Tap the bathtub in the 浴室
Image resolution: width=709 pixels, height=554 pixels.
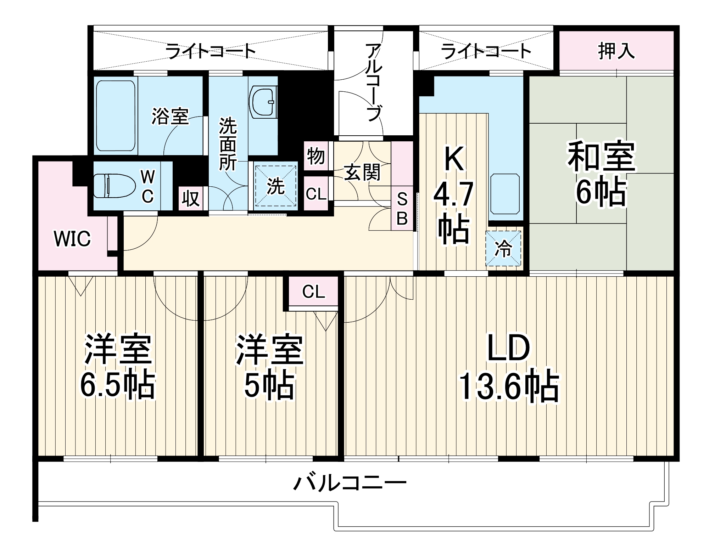(x=116, y=115)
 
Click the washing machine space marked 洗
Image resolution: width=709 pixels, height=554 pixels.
(x=275, y=186)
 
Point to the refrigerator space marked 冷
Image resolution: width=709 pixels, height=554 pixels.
(x=503, y=248)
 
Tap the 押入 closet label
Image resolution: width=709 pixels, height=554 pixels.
(x=616, y=51)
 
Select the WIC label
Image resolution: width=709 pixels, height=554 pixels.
(x=72, y=239)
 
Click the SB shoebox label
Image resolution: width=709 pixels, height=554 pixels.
(x=402, y=210)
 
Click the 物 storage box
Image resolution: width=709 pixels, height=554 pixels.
(x=316, y=156)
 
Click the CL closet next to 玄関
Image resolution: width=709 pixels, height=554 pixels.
(x=316, y=194)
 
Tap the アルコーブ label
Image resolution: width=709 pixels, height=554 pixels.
(x=373, y=82)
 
